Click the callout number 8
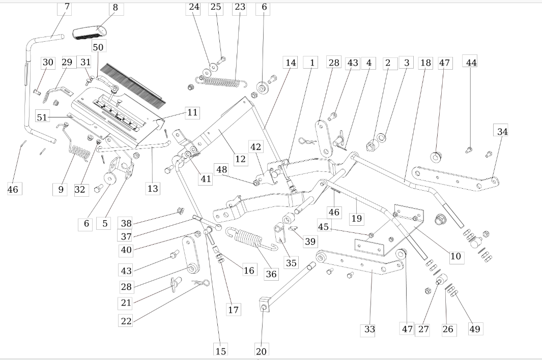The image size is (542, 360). tap(116, 8)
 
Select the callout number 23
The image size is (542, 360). tap(240, 7)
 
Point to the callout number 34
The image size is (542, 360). tap(502, 131)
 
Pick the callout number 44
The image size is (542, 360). tap(471, 63)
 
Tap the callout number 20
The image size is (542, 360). tap(261, 351)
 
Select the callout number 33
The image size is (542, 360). tap(369, 329)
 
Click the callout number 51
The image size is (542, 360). tap(42, 117)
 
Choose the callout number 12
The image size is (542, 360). tap(240, 159)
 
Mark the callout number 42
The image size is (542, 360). tap(256, 147)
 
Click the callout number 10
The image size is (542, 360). tap(456, 256)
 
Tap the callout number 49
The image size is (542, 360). tap(475, 329)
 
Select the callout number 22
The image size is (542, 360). tap(126, 321)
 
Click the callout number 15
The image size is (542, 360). tap(220, 351)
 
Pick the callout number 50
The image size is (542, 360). tap(98, 47)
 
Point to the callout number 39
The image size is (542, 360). tap(310, 241)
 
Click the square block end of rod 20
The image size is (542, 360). tap(264, 304)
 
